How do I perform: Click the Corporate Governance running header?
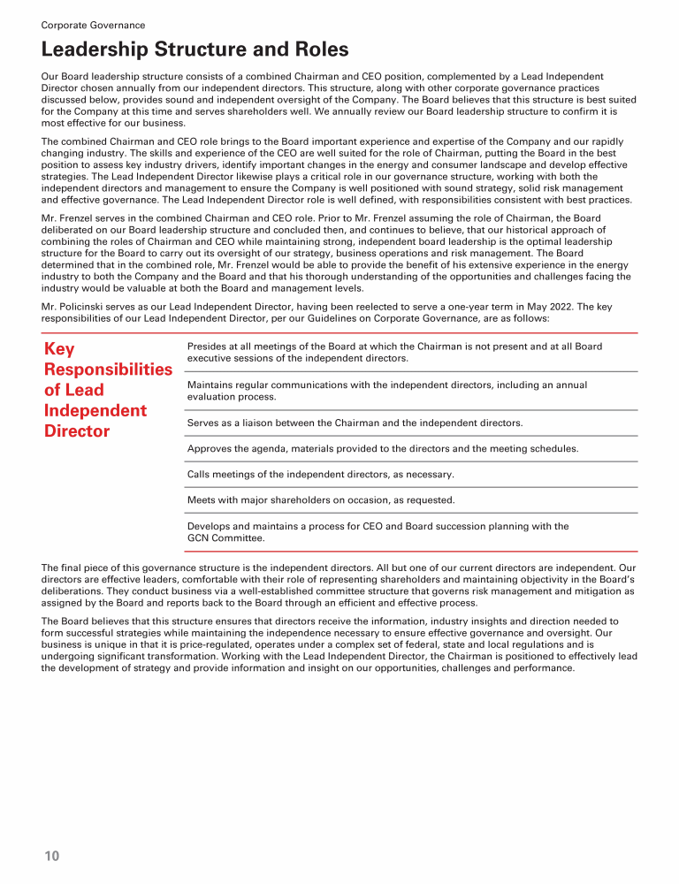click(x=93, y=26)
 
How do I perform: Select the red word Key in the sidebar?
click(x=59, y=349)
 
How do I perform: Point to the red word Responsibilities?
click(x=108, y=370)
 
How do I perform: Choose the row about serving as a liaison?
click(x=355, y=423)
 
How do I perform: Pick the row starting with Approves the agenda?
click(x=383, y=449)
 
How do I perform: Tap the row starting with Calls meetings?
click(x=321, y=475)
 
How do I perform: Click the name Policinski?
click(x=89, y=306)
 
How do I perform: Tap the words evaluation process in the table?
click(x=231, y=398)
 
